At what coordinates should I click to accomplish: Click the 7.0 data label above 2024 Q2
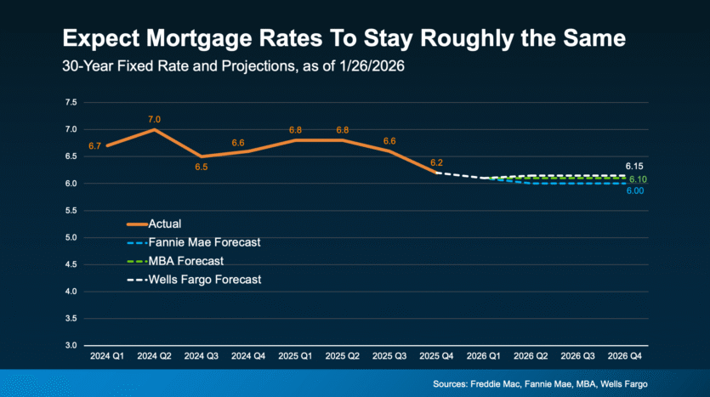(154, 119)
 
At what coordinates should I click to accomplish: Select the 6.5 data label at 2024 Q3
(200, 167)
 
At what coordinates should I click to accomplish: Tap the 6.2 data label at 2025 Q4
(436, 162)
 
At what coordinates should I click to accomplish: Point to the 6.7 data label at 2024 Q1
(94, 146)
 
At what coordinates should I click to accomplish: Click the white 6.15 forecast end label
(634, 167)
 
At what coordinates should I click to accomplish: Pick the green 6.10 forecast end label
(639, 179)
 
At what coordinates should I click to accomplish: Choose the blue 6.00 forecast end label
(634, 191)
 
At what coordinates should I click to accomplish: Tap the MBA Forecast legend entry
(187, 260)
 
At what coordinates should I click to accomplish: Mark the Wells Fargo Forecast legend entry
(205, 278)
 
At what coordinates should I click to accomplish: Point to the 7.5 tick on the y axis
(71, 102)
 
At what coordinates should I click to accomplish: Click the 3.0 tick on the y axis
(71, 346)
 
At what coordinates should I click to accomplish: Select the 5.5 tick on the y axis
(71, 211)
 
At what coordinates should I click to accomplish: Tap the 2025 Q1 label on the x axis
(295, 356)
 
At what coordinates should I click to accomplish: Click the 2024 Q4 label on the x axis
(248, 356)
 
